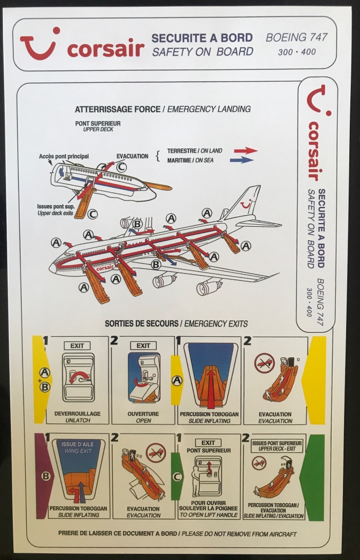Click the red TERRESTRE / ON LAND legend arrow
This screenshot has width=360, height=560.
click(246, 151)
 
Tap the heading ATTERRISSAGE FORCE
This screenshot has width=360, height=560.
click(117, 109)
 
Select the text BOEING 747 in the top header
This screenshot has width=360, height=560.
click(296, 37)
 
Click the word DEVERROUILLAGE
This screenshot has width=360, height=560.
click(78, 414)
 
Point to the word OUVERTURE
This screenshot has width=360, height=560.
click(143, 414)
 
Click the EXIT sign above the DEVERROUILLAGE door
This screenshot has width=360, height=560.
click(77, 346)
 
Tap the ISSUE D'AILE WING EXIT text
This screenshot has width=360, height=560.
click(78, 447)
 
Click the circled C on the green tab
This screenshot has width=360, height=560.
click(177, 476)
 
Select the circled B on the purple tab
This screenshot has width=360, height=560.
click(46, 476)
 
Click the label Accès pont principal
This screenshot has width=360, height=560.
click(64, 156)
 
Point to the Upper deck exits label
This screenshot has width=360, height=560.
click(56, 213)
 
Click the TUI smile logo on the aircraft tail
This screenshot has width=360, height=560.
click(247, 204)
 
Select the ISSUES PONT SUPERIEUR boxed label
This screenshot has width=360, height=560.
click(277, 445)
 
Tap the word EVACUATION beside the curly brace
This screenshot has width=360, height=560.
click(132, 156)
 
